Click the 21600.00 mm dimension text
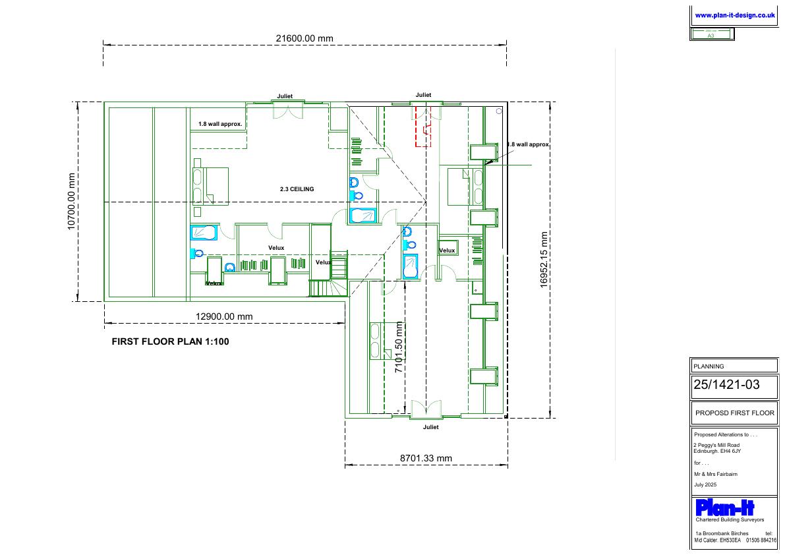305,38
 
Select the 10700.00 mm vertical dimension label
72,202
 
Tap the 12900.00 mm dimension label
224,316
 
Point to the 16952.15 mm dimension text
544,260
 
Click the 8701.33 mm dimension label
426,458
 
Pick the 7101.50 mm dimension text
399,347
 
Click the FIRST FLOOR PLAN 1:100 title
170,342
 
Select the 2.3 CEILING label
297,189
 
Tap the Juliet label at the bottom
430,427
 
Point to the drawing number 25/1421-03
726,384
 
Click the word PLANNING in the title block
709,366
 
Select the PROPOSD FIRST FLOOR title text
734,413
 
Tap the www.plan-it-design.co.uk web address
734,16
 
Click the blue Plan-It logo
724,508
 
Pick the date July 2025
705,484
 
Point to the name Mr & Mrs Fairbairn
715,474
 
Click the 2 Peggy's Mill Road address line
716,445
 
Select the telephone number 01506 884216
761,540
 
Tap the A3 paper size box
711,34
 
